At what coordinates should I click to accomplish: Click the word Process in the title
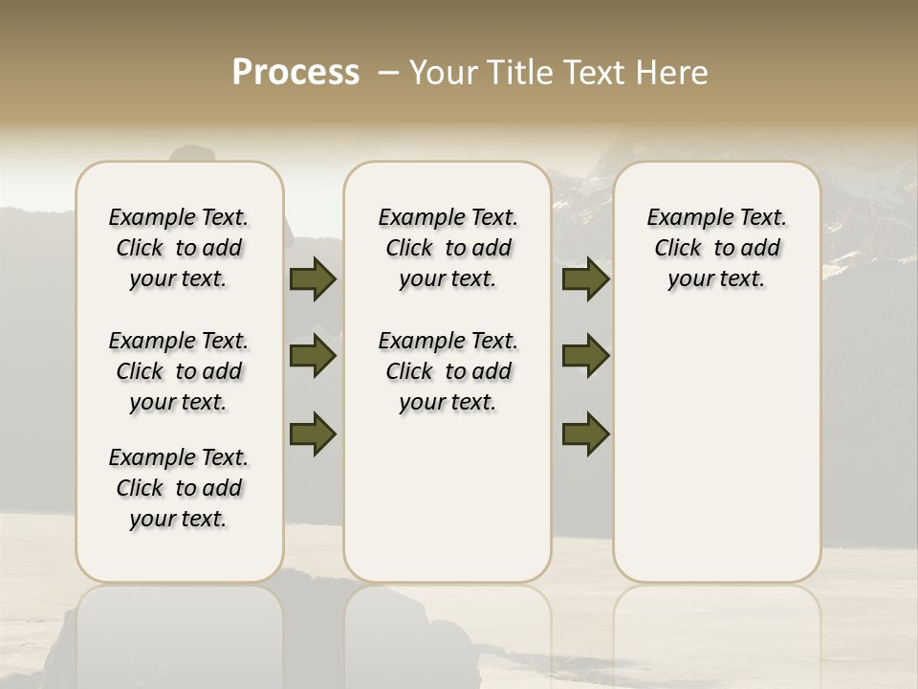point(295,72)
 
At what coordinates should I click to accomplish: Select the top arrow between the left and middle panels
point(313,279)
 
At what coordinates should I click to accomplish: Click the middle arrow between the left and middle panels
point(313,356)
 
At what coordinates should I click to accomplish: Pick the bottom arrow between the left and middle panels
point(313,433)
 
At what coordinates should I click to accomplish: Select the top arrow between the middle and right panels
point(586,279)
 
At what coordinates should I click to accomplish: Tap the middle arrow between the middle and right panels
point(586,356)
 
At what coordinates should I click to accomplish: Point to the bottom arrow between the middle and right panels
point(586,433)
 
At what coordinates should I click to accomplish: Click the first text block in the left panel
point(179,248)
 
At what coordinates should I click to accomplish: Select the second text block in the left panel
point(179,371)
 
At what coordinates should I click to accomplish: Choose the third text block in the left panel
point(179,488)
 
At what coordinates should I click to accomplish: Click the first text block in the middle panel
point(448,248)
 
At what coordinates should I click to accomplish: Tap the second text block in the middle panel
point(448,371)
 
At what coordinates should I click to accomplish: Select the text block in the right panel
point(716,248)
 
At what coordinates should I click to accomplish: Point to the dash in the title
point(388,72)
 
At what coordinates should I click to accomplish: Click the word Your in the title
point(437,72)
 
